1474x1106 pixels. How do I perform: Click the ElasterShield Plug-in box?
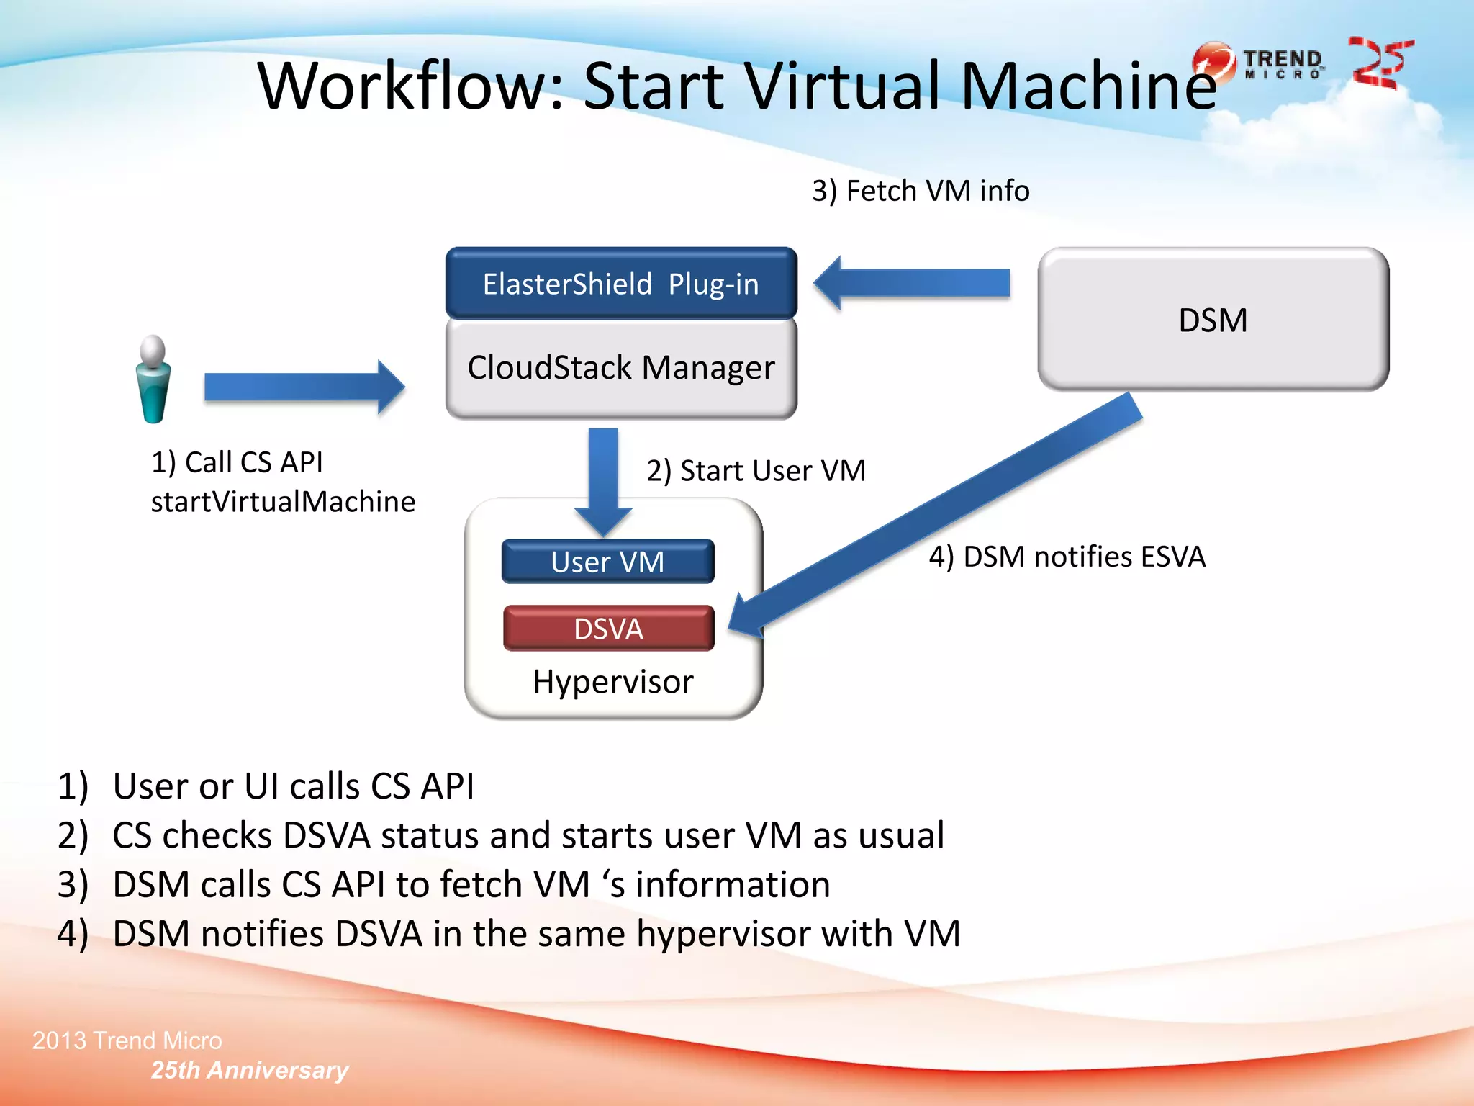point(620,284)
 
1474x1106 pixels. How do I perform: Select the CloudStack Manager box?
point(620,367)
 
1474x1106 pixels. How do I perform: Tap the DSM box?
point(1213,320)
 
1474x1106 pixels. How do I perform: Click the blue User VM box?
point(607,562)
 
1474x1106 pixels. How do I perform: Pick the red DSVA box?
point(608,629)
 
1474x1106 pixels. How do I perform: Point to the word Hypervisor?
point(613,682)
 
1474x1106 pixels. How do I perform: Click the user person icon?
point(153,379)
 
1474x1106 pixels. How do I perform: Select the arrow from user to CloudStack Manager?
point(302,387)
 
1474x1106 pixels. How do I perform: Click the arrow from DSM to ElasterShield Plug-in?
point(914,283)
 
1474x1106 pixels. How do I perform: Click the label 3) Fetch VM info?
point(921,191)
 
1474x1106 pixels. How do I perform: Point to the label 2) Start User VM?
point(756,471)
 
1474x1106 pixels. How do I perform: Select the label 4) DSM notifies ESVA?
point(1067,557)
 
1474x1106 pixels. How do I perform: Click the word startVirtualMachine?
point(283,502)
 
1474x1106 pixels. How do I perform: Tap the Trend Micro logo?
point(1260,63)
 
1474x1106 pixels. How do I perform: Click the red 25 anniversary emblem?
point(1380,63)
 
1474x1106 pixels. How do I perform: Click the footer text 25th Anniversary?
point(249,1070)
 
